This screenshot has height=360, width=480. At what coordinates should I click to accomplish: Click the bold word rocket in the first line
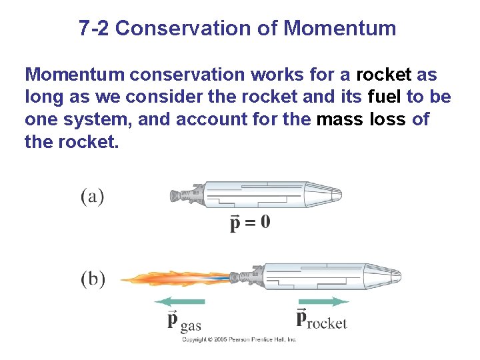(384, 74)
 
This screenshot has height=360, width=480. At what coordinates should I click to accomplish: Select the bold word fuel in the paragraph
(385, 97)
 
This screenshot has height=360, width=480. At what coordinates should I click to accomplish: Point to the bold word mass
(341, 121)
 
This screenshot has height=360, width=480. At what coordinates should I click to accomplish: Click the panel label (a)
(93, 197)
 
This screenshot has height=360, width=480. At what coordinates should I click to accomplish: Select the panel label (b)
(93, 279)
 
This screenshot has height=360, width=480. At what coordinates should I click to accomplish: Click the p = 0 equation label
(250, 222)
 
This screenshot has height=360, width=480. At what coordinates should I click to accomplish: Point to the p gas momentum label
(183, 321)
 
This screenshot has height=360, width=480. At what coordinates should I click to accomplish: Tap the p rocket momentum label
(321, 319)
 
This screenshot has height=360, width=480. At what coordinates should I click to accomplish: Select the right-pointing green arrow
(323, 301)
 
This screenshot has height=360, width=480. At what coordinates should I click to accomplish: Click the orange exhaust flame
(173, 278)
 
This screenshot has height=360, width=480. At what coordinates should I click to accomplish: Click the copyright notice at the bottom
(239, 339)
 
